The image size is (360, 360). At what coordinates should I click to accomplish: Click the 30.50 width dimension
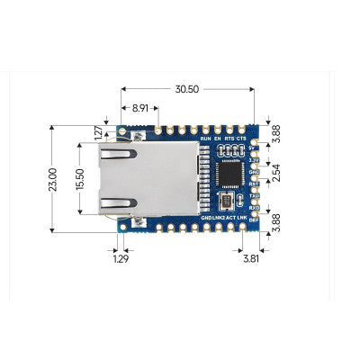click(186, 90)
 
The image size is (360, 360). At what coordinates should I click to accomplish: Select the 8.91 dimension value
click(140, 108)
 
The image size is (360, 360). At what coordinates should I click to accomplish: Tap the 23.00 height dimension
click(52, 180)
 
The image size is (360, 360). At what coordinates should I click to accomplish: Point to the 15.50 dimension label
click(79, 180)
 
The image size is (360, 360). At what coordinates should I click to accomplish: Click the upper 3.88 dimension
click(276, 132)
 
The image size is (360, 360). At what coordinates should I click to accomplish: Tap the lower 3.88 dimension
click(276, 222)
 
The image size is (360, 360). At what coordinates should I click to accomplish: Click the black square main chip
click(231, 172)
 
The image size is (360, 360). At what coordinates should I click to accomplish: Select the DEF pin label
click(254, 217)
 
